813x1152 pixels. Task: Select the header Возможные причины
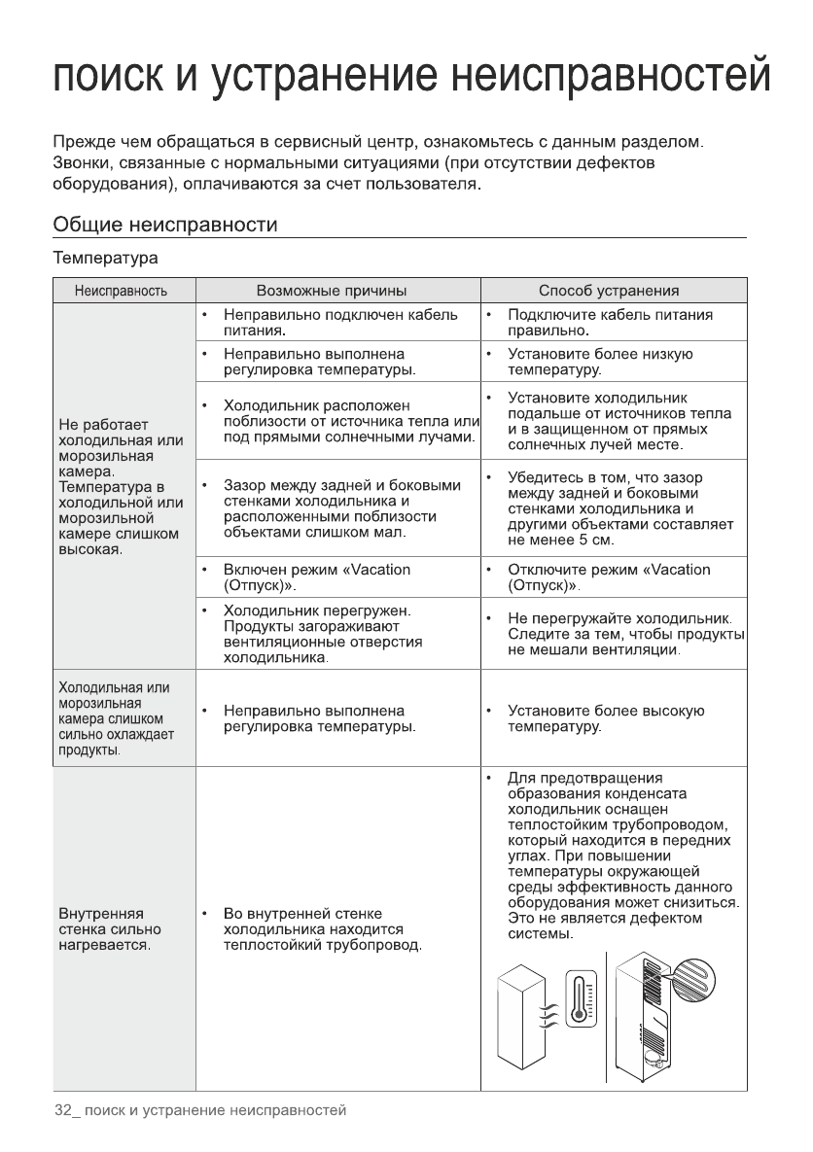331,291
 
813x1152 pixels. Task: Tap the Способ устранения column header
609,291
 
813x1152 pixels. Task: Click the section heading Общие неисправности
165,226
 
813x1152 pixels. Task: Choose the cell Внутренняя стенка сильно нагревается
107,929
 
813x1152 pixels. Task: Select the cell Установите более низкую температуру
600,362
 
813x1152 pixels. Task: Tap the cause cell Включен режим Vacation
316,577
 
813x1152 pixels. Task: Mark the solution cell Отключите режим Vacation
609,577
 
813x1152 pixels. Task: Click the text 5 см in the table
595,540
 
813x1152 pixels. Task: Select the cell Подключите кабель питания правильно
610,324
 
